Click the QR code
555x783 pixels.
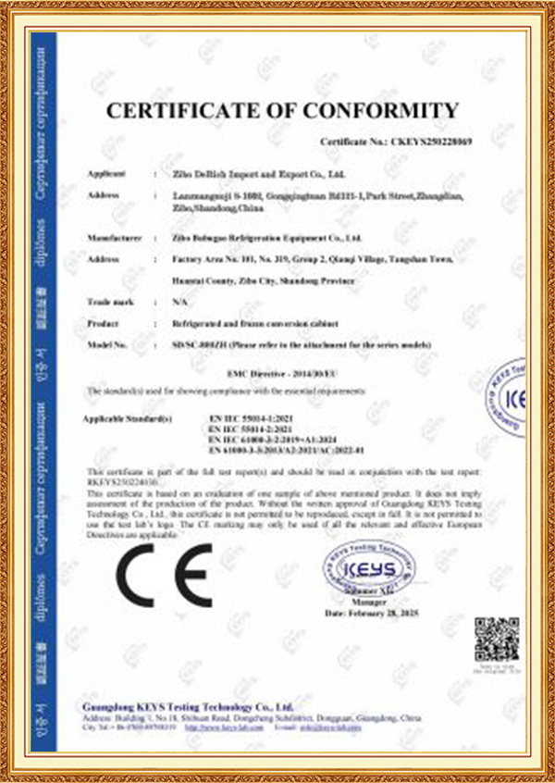497,640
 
